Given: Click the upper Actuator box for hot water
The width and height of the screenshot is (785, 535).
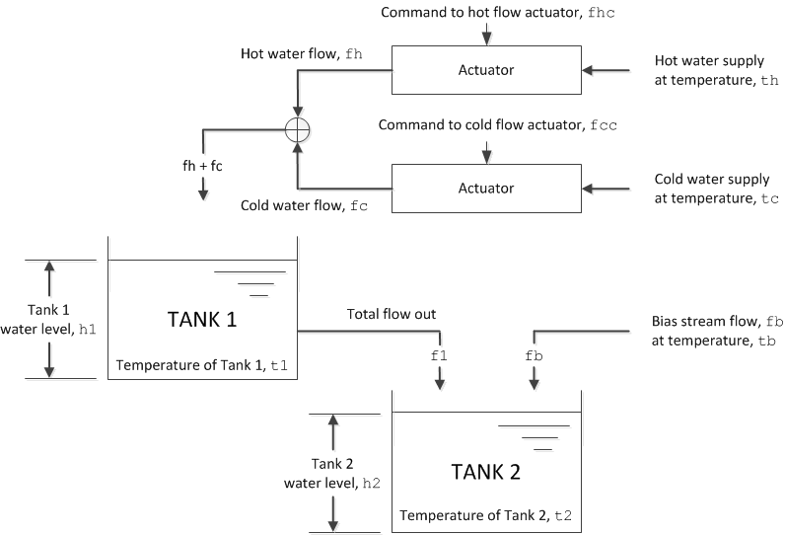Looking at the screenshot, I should (x=486, y=70).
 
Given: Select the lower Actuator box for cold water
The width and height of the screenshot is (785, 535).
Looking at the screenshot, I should (x=486, y=188).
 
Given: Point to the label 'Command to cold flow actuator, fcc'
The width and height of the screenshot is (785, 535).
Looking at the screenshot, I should (x=483, y=126).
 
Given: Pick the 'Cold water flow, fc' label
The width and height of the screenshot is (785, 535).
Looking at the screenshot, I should (x=304, y=205).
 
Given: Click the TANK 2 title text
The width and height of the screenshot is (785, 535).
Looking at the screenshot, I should (x=485, y=471).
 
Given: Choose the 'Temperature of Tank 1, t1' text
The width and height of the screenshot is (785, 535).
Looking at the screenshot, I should (x=202, y=365).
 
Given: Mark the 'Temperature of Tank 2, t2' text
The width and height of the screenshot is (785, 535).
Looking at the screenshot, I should (x=484, y=516).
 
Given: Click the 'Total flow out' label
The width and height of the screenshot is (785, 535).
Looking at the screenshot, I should (x=392, y=314).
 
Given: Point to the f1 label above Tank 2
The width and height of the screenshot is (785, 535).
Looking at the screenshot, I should (x=440, y=352).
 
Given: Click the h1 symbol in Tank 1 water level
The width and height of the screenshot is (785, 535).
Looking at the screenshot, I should (x=87, y=329).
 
